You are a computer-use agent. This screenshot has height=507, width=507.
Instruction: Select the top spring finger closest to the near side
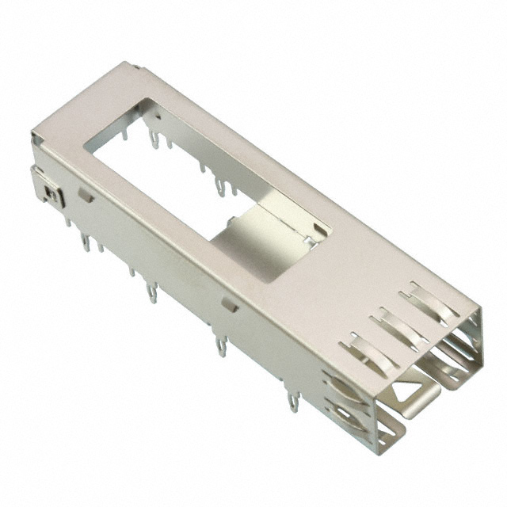365,349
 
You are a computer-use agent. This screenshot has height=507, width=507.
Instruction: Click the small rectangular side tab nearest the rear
85,195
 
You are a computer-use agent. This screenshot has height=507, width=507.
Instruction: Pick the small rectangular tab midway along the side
230,303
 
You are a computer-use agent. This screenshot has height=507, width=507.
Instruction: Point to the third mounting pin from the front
151,293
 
